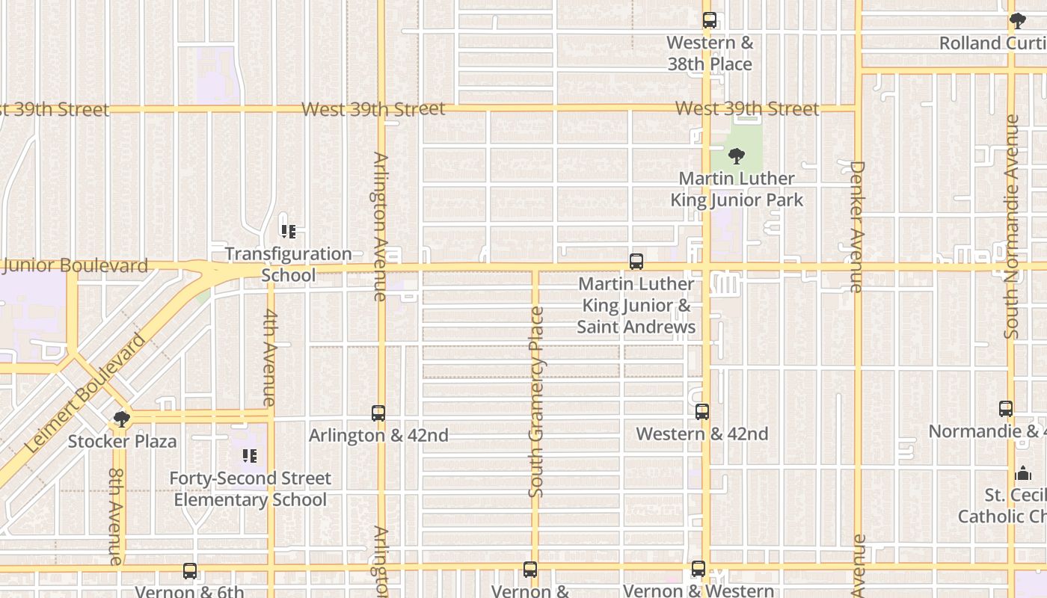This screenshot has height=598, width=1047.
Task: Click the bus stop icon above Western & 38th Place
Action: click(x=710, y=20)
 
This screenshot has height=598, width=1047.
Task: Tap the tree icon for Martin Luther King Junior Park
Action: click(x=737, y=156)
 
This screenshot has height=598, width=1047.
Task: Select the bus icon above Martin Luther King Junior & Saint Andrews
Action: click(x=636, y=262)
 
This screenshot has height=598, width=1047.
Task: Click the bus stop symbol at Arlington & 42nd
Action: click(x=378, y=413)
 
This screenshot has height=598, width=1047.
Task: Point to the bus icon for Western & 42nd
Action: click(x=702, y=412)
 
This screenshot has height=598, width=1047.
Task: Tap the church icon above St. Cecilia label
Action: click(x=1023, y=473)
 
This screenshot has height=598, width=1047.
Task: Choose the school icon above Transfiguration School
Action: click(x=288, y=232)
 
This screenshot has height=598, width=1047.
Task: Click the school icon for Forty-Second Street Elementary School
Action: click(x=250, y=456)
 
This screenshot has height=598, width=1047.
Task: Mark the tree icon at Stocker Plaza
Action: click(x=122, y=419)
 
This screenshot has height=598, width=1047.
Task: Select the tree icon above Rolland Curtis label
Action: click(x=1018, y=20)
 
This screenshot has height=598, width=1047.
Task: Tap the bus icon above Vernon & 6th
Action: click(x=190, y=571)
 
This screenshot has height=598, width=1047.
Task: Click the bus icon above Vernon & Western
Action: click(x=698, y=569)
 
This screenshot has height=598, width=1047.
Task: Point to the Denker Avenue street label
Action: click(x=857, y=226)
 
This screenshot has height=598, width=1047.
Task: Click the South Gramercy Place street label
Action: click(x=536, y=402)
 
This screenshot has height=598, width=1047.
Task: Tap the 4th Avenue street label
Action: click(x=270, y=358)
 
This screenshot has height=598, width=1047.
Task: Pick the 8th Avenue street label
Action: click(x=116, y=516)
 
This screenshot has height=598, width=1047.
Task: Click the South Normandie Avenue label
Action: click(x=1012, y=226)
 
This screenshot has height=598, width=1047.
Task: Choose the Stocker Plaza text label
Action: click(x=123, y=441)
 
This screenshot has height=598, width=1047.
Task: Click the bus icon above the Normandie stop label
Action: click(x=1006, y=409)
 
